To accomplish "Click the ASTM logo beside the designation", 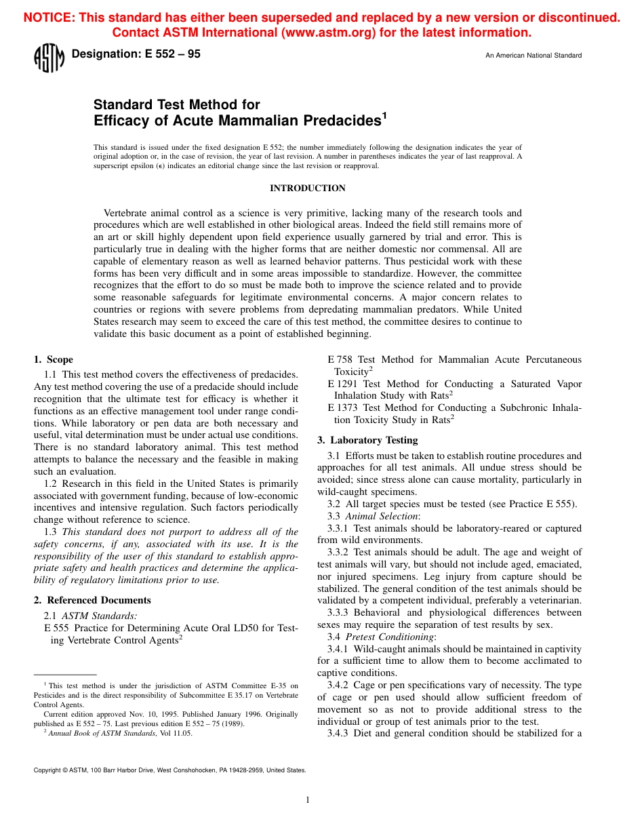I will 48,58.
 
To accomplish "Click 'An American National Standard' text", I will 533,56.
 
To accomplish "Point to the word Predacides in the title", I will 343,121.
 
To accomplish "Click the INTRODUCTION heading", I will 308,188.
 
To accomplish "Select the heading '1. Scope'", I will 54,359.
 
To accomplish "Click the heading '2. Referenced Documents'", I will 92,600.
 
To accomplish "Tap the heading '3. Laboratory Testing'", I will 367,440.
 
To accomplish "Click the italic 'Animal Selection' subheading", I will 382,516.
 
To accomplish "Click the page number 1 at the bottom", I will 308,800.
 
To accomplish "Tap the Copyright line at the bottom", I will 169,770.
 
